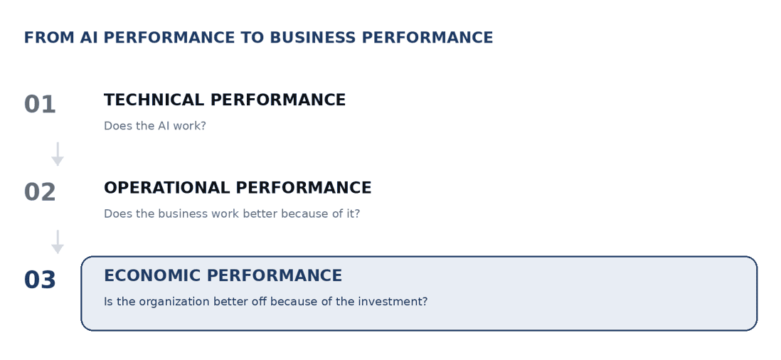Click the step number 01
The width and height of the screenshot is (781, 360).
40,105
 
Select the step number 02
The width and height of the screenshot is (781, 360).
40,192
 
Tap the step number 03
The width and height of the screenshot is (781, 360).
40,280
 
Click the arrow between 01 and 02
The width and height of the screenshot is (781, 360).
58,154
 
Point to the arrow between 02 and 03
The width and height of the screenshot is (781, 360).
58,241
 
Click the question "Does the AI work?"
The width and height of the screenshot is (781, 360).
155,126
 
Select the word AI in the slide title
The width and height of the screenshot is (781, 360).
89,38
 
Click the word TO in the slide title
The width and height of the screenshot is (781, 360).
255,38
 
